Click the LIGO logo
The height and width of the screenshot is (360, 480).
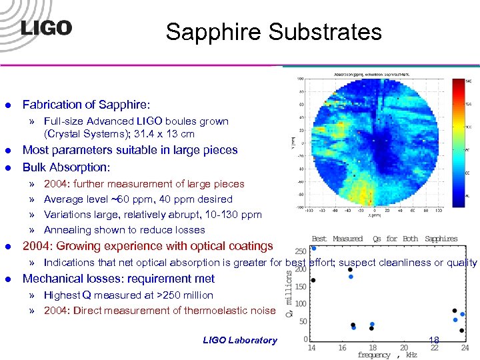[46, 28]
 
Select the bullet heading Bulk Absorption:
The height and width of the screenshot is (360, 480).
[66, 167]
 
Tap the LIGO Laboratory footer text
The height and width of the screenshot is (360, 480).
[239, 340]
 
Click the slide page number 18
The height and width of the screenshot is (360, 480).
[434, 340]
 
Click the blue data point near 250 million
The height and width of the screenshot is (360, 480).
[314, 248]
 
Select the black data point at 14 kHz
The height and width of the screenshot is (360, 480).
[313, 280]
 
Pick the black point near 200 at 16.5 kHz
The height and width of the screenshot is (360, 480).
[351, 269]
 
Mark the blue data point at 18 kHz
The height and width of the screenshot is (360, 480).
[372, 325]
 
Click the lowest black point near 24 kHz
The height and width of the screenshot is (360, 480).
[462, 330]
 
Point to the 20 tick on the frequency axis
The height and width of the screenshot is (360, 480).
[404, 347]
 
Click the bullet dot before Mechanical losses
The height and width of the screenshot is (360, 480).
[8, 279]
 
